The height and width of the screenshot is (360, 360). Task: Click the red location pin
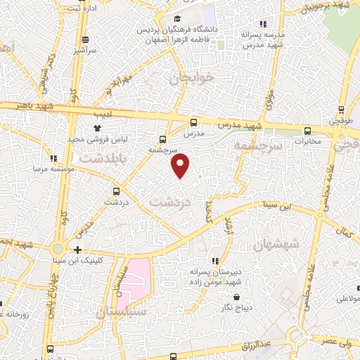181,165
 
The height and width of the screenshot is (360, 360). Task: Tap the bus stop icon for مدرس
194,122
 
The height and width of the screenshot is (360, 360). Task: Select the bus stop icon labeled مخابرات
308,131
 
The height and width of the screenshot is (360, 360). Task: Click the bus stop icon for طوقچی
341,110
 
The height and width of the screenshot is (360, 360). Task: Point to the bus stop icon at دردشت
116,191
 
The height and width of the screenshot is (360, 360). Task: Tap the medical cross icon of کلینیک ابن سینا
77,249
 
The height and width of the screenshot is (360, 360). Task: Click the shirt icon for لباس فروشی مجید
98,128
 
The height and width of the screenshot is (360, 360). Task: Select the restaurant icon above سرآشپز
84,39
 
